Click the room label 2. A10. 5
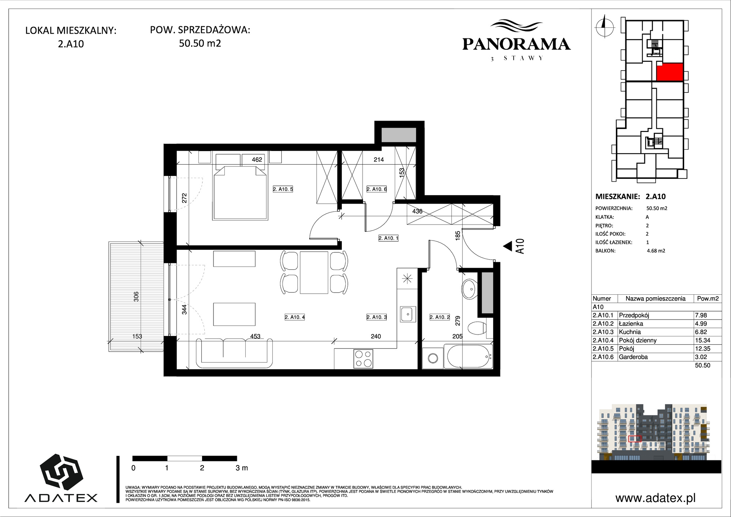tap(283, 189)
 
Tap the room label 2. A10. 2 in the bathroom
tap(440, 317)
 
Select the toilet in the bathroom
tap(477, 329)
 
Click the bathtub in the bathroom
tap(468, 356)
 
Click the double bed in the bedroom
tap(240, 192)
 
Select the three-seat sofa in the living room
tap(234, 353)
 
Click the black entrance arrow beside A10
tap(507, 246)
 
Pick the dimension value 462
tap(257, 159)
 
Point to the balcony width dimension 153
tap(137, 336)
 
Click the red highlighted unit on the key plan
tap(670, 72)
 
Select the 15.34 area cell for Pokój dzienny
tap(702, 340)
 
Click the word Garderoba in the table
tap(633, 357)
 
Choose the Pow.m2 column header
tap(708, 298)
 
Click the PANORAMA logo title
tap(516, 44)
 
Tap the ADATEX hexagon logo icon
tap(61, 472)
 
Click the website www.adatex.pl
tap(655, 498)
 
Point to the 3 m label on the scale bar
tap(242, 468)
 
